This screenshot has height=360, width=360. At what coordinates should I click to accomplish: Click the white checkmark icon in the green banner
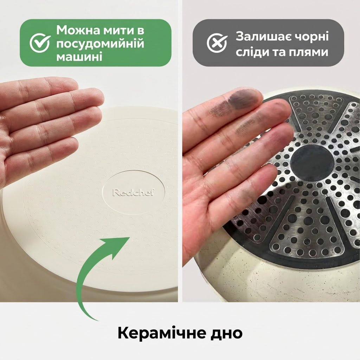coord(40,43)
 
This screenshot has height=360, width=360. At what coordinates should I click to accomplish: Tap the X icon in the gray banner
coord(217,43)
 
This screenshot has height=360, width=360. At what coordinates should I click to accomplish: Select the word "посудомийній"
coord(100,43)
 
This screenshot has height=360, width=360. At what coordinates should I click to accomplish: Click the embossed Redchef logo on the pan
coord(133,192)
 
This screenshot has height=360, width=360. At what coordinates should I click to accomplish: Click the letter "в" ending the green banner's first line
coord(141,31)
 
